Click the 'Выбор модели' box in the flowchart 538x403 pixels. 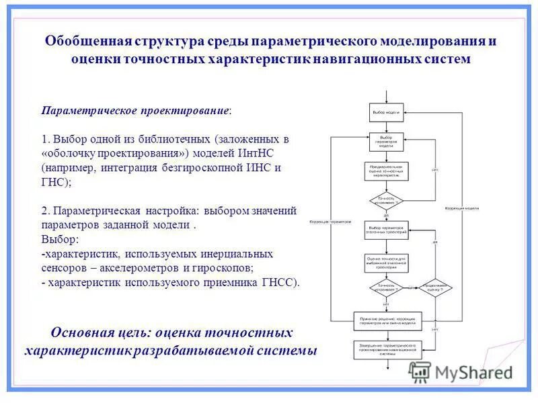pos(387,111)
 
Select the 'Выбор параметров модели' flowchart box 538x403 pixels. pos(387,142)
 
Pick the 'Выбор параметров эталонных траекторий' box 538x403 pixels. pos(387,230)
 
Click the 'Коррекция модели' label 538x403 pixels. pos(461,209)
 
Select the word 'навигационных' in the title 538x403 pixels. pos(358,59)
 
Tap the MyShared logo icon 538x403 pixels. pos(420,371)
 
